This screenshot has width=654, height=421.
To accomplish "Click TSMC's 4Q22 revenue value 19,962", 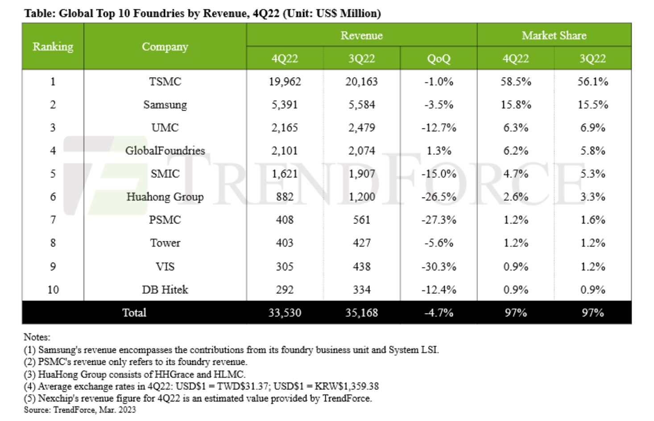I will (x=285, y=82).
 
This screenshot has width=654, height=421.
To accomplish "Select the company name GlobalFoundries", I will (x=165, y=151).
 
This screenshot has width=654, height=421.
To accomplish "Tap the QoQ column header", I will (x=439, y=58).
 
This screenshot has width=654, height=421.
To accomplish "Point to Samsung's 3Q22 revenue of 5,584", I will (x=361, y=105).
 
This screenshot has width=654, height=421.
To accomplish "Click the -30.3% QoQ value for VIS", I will (x=439, y=267).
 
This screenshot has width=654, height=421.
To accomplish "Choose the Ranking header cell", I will (x=53, y=46).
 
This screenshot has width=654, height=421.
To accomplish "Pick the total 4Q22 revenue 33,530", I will (x=285, y=313).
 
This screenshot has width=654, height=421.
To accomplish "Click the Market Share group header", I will (x=554, y=35).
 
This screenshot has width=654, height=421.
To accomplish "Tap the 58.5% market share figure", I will (x=515, y=82).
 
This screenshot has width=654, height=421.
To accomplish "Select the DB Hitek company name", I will (x=165, y=290).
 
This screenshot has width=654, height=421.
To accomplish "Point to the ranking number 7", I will (x=53, y=220).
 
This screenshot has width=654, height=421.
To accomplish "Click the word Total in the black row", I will (x=134, y=313).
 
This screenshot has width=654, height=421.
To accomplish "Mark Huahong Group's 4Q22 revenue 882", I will (x=285, y=197).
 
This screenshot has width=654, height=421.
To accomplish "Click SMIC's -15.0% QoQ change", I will (x=439, y=173).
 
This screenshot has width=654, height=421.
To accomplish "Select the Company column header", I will (x=165, y=46).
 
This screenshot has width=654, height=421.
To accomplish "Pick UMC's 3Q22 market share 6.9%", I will (x=592, y=128).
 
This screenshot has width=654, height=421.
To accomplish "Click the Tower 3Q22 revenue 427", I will (x=361, y=243).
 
